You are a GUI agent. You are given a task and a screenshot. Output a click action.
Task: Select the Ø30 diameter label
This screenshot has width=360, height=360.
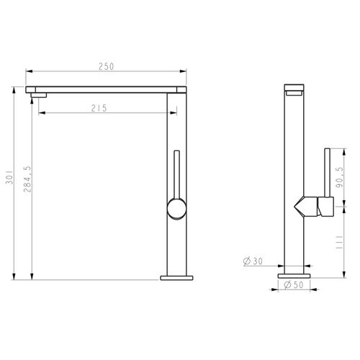252,261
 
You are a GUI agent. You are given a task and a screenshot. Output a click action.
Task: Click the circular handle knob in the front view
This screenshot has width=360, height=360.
176,210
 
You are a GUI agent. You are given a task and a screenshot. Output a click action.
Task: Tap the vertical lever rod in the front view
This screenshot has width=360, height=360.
176,173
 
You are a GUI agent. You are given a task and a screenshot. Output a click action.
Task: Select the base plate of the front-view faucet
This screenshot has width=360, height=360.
176,276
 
